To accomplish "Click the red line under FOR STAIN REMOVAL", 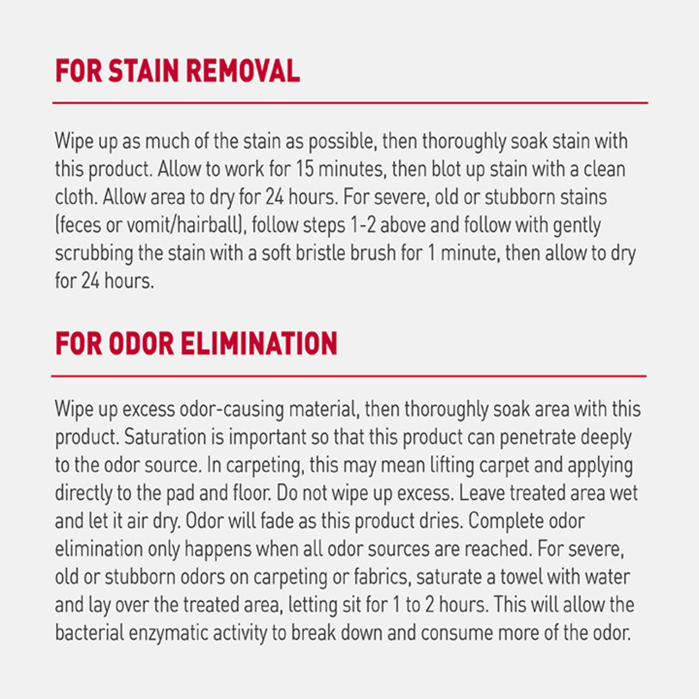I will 349,103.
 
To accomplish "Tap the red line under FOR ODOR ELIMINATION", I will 349,376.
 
